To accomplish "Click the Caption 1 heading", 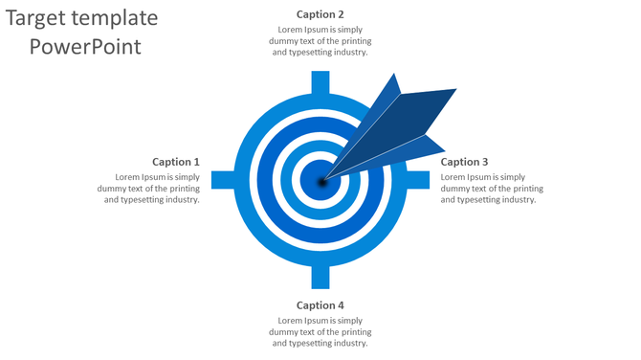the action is [x=176, y=162].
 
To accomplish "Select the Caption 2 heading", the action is [x=320, y=14].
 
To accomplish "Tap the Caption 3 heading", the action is [x=464, y=162].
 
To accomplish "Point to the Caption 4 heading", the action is [x=320, y=305].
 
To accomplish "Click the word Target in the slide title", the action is [x=40, y=18].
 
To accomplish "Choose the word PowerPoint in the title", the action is [x=85, y=46].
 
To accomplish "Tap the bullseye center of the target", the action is [x=318, y=180].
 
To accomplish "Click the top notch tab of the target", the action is [x=320, y=81].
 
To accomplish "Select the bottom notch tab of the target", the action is [x=320, y=278].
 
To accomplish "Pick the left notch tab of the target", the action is [x=222, y=180].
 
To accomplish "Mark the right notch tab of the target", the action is [x=417, y=180].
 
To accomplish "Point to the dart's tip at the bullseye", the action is [x=322, y=179].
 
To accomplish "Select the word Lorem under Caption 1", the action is [x=128, y=177].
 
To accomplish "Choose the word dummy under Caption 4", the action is [x=291, y=331].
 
